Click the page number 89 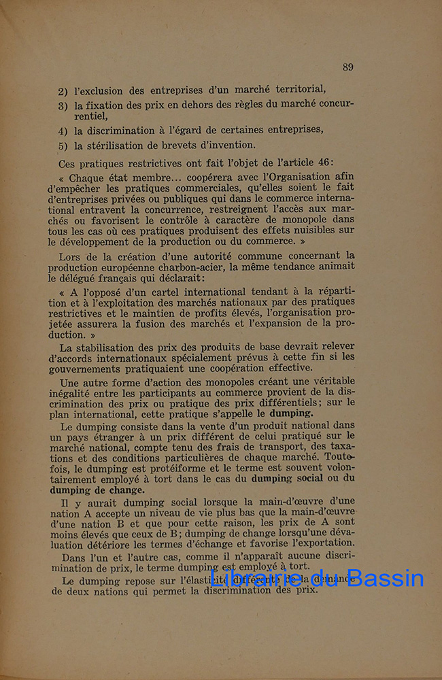coord(347,67)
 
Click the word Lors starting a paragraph coord(71,256)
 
